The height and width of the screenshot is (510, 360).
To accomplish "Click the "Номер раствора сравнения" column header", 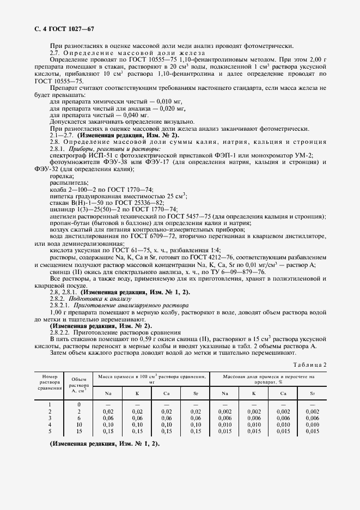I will [x=48, y=382].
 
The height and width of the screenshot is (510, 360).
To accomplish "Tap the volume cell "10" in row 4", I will [x=79, y=423].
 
